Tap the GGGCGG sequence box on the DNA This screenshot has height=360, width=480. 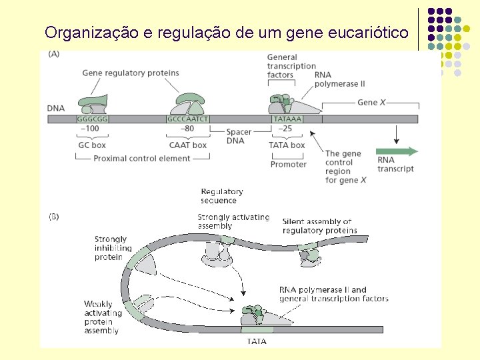(x=93, y=119)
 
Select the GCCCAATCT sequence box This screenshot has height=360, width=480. (x=188, y=119)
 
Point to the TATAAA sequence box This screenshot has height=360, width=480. (x=287, y=119)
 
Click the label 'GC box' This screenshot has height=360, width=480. (x=92, y=145)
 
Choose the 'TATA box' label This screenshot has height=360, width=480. (x=287, y=145)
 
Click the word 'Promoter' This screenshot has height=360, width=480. (x=289, y=164)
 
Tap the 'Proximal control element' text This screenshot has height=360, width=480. (x=142, y=159)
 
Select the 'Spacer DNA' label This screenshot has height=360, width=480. (x=239, y=136)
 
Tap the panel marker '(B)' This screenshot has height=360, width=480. (x=53, y=216)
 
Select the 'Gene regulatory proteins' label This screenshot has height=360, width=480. (x=131, y=73)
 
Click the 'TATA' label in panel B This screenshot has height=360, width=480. (x=257, y=341)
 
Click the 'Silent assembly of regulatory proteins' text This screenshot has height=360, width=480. (x=319, y=226)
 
